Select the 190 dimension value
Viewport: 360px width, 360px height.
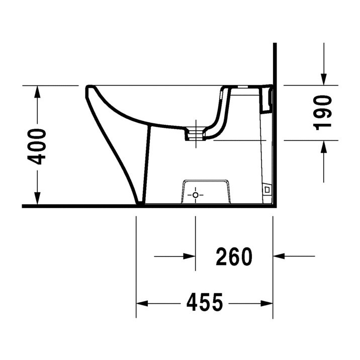(x=323, y=112)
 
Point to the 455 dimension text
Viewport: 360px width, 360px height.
(x=204, y=303)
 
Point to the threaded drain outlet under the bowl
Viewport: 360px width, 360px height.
(x=196, y=133)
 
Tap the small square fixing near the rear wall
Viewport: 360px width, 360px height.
(x=266, y=189)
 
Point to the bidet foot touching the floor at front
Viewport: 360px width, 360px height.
(x=140, y=202)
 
